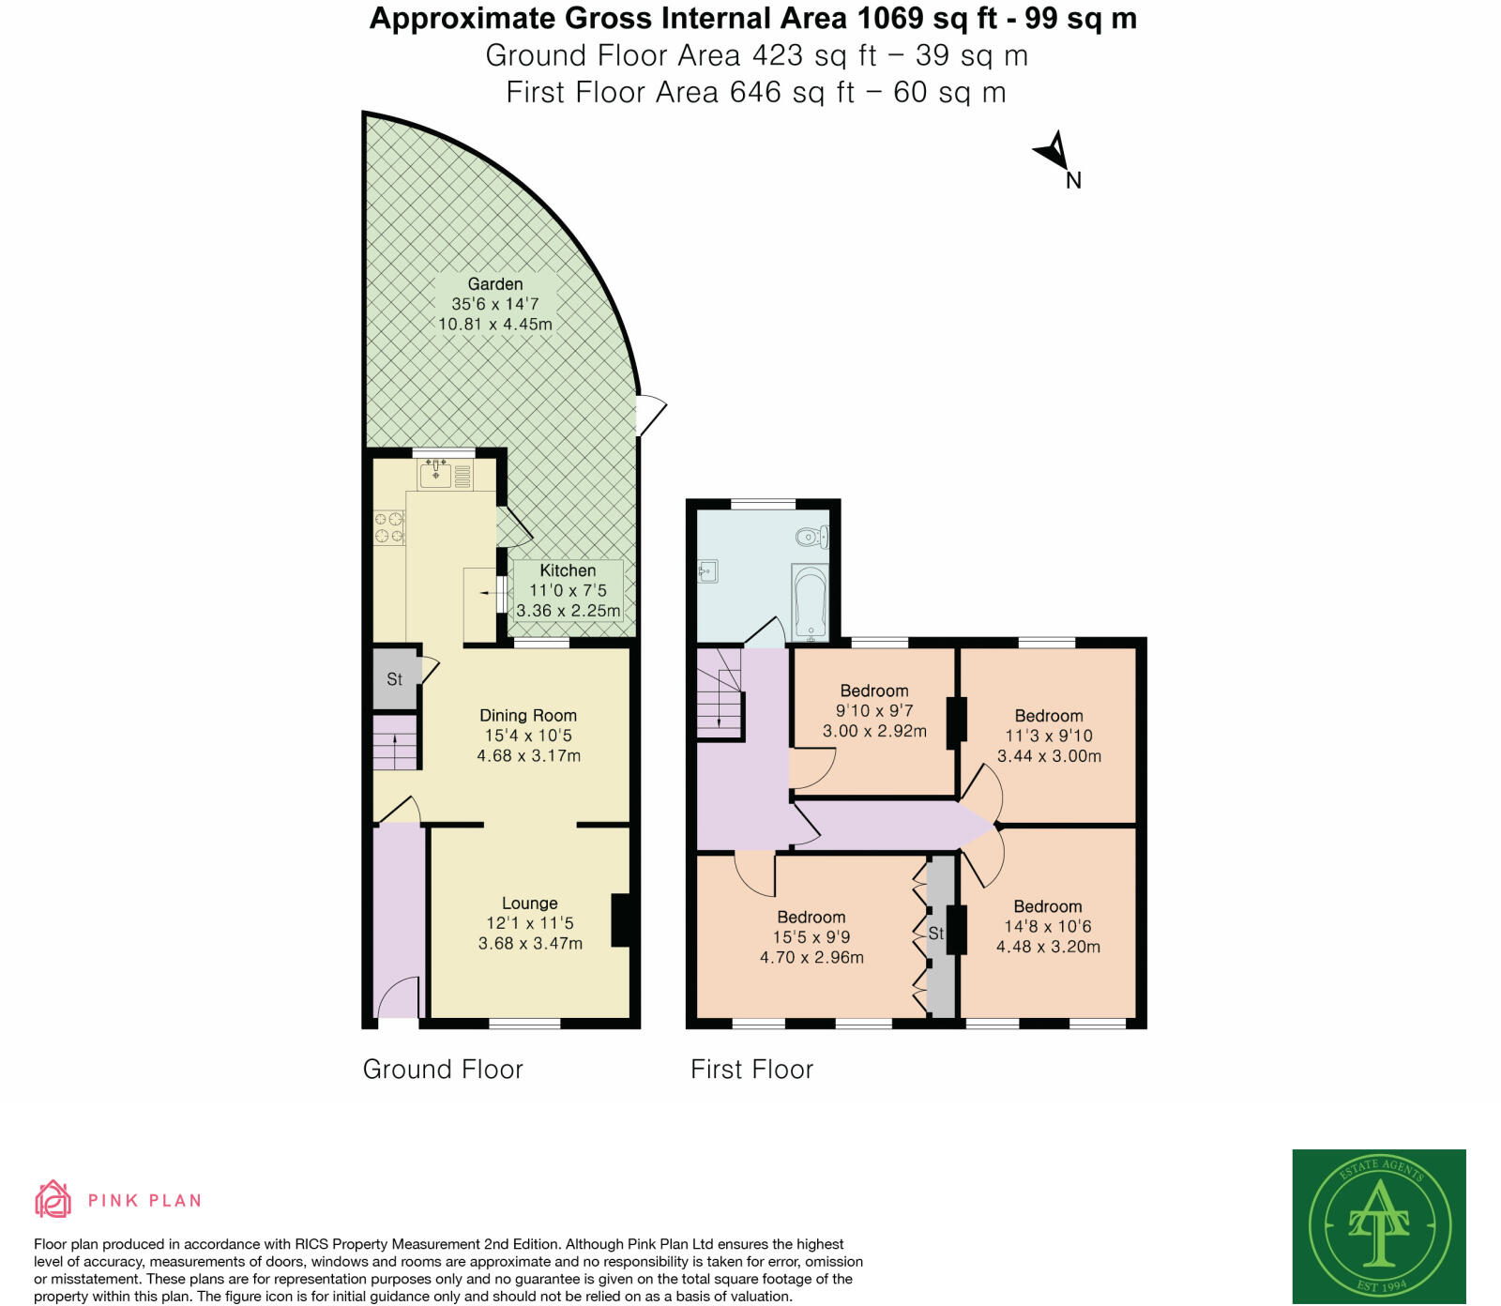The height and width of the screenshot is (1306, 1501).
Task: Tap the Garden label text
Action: click(495, 284)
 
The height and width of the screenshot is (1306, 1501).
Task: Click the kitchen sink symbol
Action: click(436, 475)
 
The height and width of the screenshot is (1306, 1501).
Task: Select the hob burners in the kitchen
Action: click(389, 527)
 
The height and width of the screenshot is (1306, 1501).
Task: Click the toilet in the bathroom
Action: click(811, 538)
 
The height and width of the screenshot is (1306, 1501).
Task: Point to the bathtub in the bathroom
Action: click(810, 601)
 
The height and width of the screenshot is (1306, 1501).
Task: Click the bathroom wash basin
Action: click(708, 570)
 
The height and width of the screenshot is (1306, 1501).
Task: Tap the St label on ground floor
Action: click(394, 679)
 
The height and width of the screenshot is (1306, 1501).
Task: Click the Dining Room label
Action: click(528, 716)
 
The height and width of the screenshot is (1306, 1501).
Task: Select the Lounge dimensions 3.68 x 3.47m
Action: click(530, 944)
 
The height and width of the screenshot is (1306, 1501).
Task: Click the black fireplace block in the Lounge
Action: click(621, 919)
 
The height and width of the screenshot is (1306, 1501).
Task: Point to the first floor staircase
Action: click(720, 694)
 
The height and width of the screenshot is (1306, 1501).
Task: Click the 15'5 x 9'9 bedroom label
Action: click(811, 937)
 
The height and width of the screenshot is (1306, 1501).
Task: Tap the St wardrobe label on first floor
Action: click(936, 934)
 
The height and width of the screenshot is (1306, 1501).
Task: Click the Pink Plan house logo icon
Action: click(53, 1199)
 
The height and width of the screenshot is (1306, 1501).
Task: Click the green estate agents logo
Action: click(1378, 1225)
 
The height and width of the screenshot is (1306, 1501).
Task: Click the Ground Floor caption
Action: click(443, 1070)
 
